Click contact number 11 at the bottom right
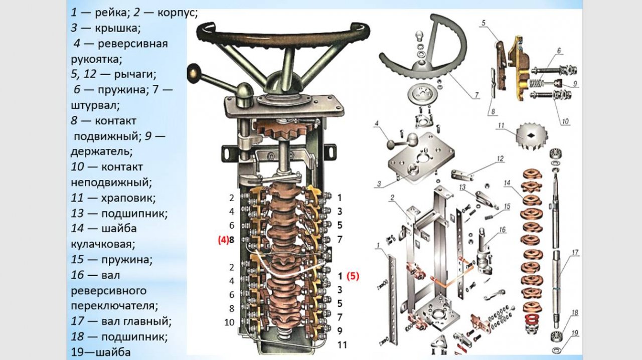[342, 345]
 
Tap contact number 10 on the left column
[229, 322]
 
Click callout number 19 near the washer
[575, 332]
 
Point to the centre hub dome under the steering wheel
[279, 85]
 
